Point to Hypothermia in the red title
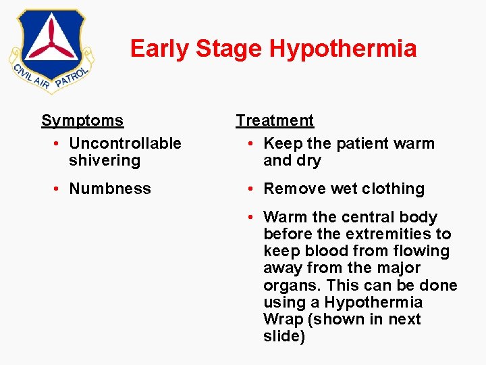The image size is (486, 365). click(342, 49)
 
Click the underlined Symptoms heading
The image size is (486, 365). click(82, 121)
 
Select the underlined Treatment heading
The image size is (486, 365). click(275, 121)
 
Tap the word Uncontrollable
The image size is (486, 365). click(126, 143)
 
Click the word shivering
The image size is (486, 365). click(104, 161)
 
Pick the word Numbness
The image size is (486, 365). click(110, 189)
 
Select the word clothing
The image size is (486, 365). click(396, 189)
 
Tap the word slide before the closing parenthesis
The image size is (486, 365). click(281, 337)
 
